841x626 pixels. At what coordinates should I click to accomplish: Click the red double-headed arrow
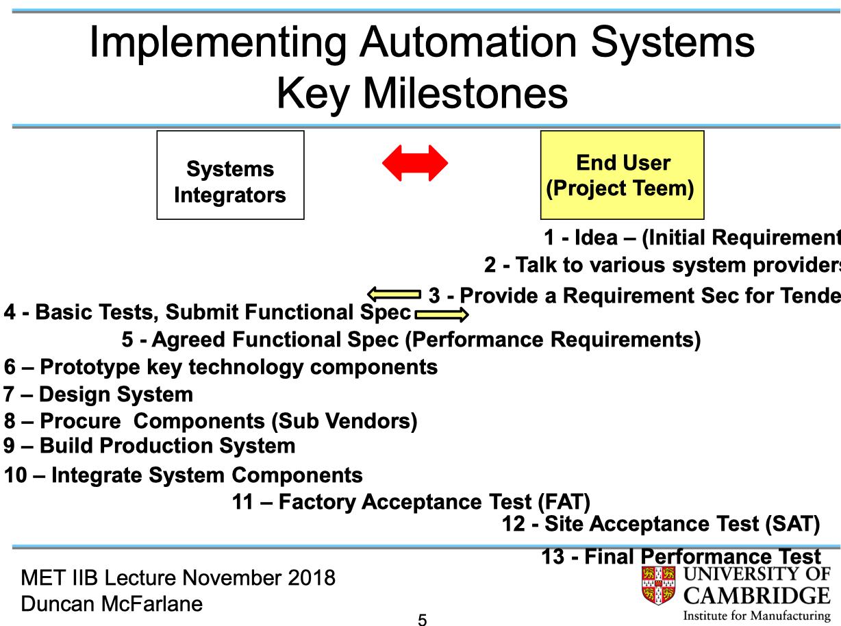(414, 164)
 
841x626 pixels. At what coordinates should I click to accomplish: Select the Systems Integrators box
(230, 175)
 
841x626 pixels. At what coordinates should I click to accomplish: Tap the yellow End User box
(622, 175)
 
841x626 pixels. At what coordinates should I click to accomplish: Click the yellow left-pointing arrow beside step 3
(394, 295)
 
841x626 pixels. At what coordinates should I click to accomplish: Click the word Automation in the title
(468, 42)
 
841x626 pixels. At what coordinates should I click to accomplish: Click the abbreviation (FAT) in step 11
(564, 502)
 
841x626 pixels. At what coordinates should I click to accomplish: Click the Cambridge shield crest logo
(658, 586)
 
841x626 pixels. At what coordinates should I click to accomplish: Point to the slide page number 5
(422, 621)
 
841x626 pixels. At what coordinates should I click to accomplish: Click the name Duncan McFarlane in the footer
(112, 603)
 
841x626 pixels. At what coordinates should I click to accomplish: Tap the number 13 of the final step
(553, 557)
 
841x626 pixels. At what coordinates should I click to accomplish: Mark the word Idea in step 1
(595, 238)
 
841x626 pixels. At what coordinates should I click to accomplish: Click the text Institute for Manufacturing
(757, 616)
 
